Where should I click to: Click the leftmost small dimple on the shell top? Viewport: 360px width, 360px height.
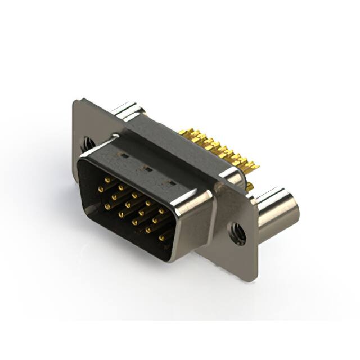tap(123, 154)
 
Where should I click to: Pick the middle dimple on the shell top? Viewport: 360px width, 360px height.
tap(148, 168)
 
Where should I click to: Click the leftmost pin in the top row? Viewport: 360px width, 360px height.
tap(107, 179)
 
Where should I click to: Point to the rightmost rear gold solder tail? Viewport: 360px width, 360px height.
tap(254, 166)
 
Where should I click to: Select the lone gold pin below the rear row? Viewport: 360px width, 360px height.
tap(249, 186)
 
